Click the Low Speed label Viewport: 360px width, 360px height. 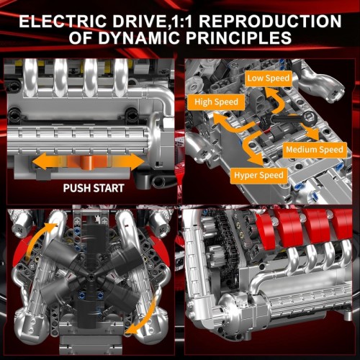269,78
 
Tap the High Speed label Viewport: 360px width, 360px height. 216,102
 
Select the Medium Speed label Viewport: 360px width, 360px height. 315,150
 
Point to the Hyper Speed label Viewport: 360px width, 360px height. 258,175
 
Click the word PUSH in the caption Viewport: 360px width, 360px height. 77,188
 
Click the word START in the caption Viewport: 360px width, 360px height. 109,188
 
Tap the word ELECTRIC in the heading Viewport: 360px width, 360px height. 63,21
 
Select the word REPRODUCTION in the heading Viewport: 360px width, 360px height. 270,21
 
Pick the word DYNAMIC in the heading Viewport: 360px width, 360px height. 139,37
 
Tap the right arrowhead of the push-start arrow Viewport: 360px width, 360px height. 136,161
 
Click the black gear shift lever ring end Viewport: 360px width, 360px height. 309,118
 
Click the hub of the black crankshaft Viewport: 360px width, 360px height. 91,277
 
